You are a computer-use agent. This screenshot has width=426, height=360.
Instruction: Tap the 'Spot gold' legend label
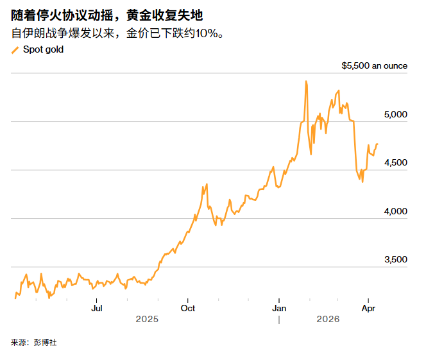43,49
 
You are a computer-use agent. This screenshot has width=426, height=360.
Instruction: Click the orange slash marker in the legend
15,50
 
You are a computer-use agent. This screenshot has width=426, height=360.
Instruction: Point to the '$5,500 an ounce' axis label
374,66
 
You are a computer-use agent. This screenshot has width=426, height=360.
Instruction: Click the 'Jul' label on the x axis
97,307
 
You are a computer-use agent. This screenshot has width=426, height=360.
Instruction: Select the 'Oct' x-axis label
187,307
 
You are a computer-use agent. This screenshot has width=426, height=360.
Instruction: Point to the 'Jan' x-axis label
279,307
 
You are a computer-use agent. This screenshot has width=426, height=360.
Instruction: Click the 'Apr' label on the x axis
368,307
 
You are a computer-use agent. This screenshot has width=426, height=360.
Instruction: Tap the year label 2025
147,319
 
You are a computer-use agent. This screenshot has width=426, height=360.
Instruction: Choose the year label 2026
328,319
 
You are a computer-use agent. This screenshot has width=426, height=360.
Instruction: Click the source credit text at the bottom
33,343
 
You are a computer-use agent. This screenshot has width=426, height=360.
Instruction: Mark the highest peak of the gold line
306,81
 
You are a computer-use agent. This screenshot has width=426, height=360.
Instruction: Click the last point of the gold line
377,144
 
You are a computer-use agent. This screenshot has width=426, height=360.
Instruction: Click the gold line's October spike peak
206,185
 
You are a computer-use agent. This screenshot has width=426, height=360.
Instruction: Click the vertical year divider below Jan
279,319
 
